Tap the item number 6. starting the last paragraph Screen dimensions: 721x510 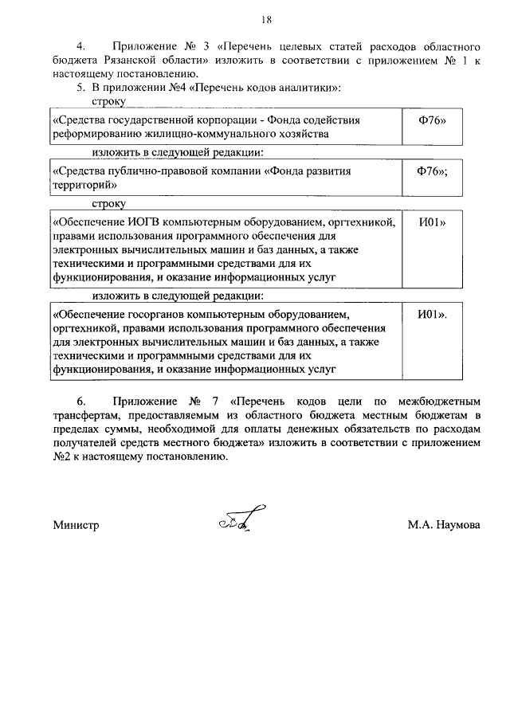(80, 402)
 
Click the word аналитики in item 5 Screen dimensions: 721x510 (304, 86)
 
